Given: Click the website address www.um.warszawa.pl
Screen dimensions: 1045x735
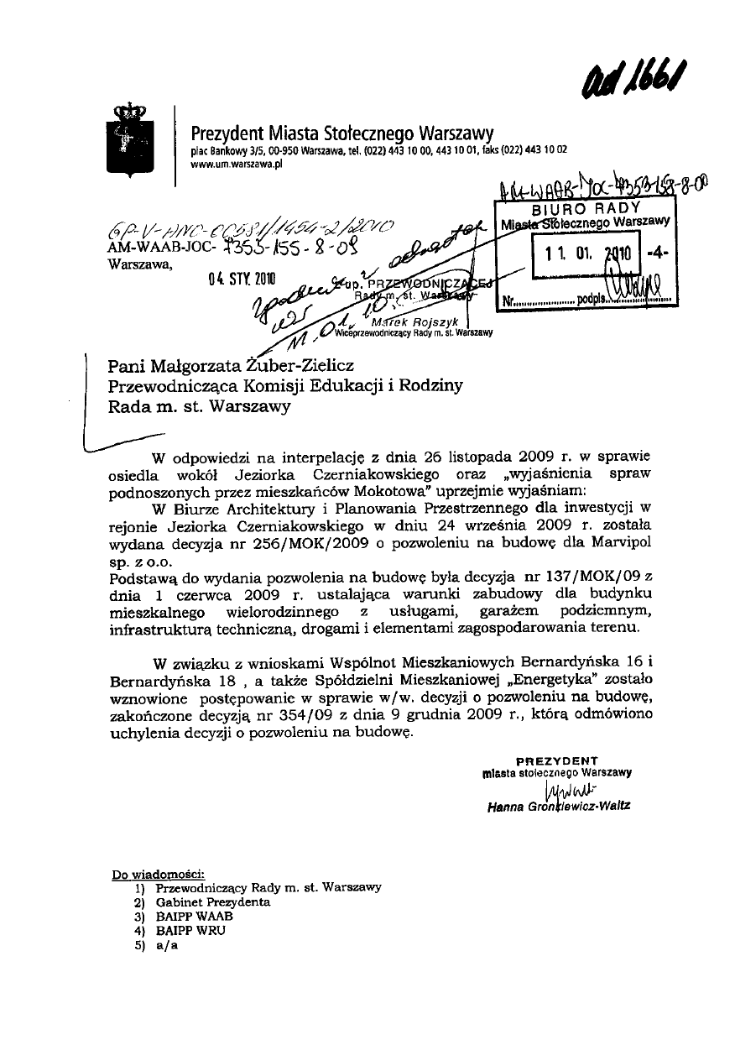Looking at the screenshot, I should (237, 165).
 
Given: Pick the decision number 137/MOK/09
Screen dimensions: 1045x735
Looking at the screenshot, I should (587, 577).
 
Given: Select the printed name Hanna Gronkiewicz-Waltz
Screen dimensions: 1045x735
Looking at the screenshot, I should (559, 807).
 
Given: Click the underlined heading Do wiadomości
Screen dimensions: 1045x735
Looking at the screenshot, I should (158, 875).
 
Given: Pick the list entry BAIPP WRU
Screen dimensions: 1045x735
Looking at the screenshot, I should (191, 930).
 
